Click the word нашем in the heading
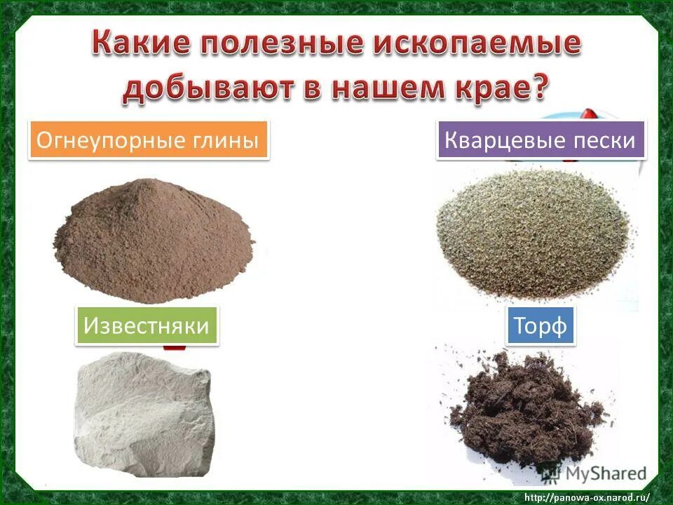pyautogui.click(x=387, y=90)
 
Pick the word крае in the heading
pyautogui.click(x=494, y=90)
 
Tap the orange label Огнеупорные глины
pyautogui.click(x=149, y=140)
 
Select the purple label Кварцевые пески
pyautogui.click(x=541, y=140)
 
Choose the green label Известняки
pyautogui.click(x=147, y=325)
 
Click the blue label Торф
pyautogui.click(x=540, y=325)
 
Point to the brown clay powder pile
pyautogui.click(x=154, y=238)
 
